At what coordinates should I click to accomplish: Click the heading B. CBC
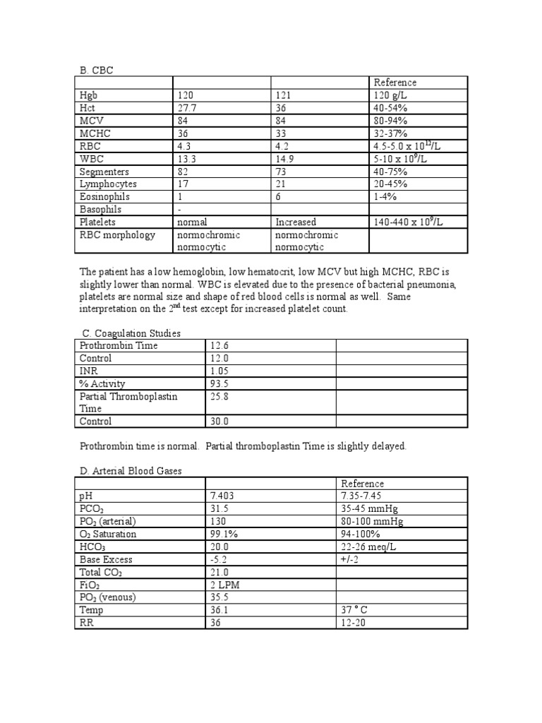tap(95, 69)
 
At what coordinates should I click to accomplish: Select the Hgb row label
tap(90, 95)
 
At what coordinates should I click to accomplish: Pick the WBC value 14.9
tap(285, 158)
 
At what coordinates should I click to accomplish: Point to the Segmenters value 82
tap(183, 171)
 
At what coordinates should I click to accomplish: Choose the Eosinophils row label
tap(104, 196)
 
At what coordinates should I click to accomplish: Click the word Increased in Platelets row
tap(296, 222)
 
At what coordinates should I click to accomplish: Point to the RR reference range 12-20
tap(354, 623)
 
